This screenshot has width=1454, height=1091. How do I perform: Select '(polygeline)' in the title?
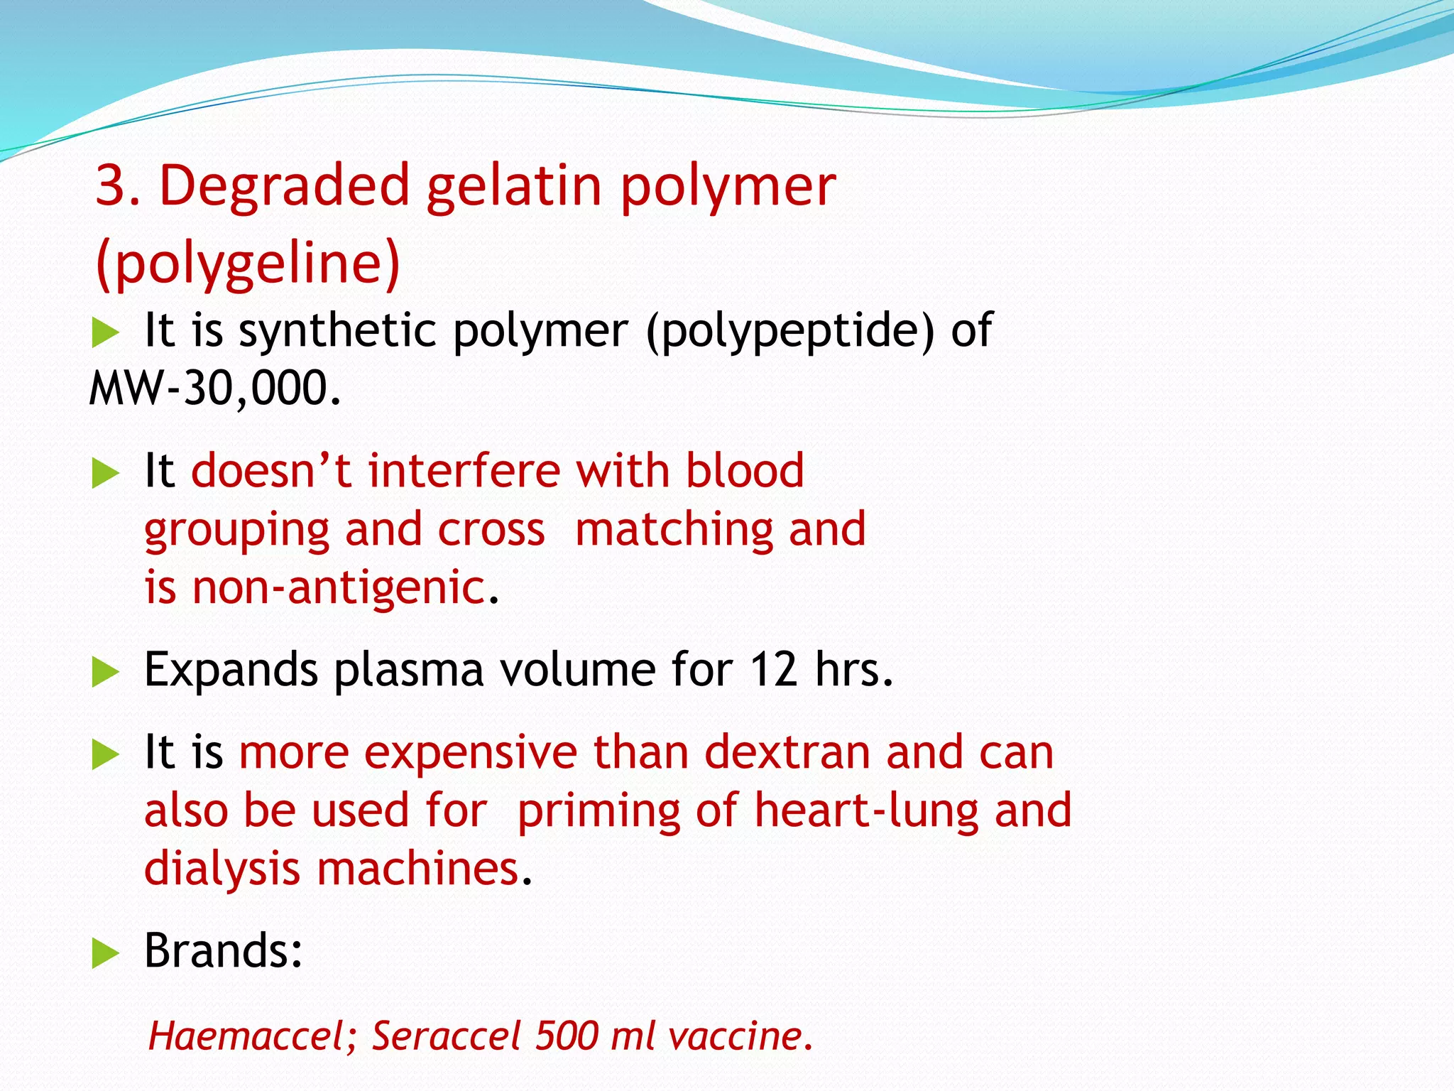(248, 263)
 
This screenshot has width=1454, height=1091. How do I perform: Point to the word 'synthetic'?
(337, 330)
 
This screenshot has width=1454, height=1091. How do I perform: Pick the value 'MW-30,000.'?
(215, 389)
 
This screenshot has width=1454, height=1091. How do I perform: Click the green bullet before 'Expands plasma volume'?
(105, 672)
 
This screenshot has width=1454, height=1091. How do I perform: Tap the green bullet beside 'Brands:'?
(105, 953)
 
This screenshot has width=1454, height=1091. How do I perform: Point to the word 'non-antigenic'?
(339, 588)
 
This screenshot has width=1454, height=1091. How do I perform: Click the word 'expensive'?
(471, 753)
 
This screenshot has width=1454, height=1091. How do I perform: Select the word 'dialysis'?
(222, 869)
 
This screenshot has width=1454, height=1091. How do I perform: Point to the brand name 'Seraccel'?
(447, 1036)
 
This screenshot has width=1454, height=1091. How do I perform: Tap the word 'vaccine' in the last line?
(736, 1036)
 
